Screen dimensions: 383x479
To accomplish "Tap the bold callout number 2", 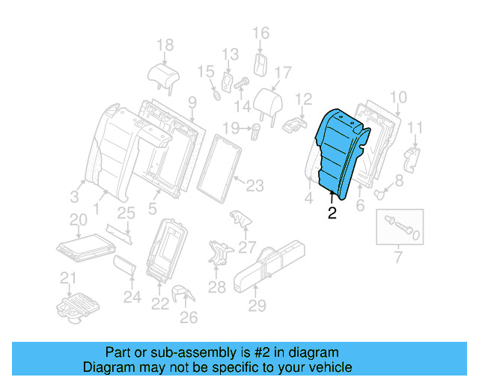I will pyautogui.click(x=332, y=214).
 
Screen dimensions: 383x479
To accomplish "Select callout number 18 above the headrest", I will pyautogui.click(x=165, y=44).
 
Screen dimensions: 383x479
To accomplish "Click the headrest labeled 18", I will pyautogui.click(x=163, y=73).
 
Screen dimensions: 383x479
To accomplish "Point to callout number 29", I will pyautogui.click(x=257, y=305).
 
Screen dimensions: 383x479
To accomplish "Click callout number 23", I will pyautogui.click(x=255, y=184).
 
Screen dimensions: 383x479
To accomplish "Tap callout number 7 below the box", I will pyautogui.click(x=397, y=259).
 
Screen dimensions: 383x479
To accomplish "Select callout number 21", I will pyautogui.click(x=69, y=279).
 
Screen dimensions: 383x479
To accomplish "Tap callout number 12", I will pyautogui.click(x=303, y=99).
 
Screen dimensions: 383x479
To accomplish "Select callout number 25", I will pyautogui.click(x=126, y=213).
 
